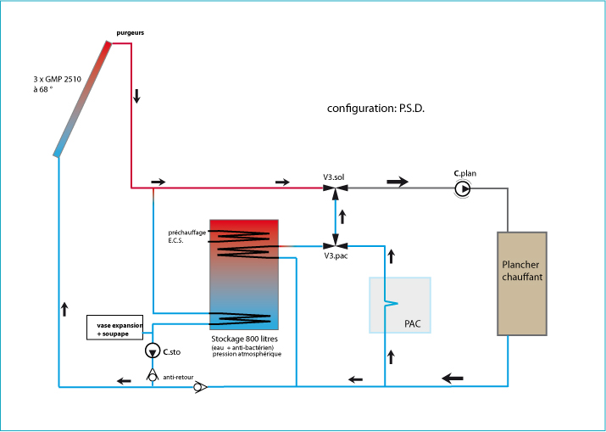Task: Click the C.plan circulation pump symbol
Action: coord(463,188)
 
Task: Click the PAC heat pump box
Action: coord(399,305)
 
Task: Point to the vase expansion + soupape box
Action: coord(115,328)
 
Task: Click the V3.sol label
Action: coord(333,177)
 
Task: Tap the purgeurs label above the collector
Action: coord(131,33)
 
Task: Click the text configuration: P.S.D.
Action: coord(375,109)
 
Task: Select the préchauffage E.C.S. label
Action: coord(186,236)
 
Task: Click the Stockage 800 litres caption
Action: coord(245,338)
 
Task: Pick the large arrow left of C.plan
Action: coord(397,182)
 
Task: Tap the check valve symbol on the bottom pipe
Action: coord(199,388)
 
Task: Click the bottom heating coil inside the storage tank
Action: coord(241,319)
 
